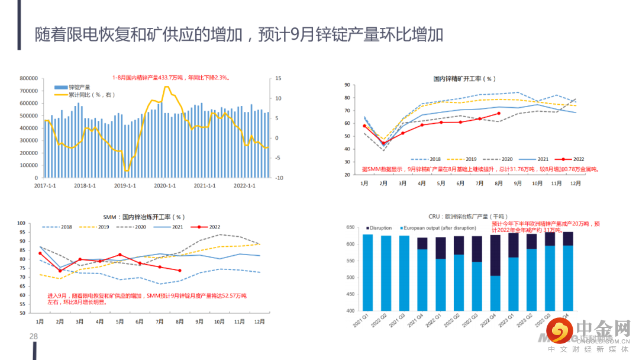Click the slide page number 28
pos(34,337)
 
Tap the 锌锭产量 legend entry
pos(75,87)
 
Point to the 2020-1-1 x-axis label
pos(165,185)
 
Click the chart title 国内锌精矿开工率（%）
pos(464,78)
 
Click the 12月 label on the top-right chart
pos(575,184)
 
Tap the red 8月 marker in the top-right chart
pos(499,113)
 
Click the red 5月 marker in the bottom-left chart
pos(120,255)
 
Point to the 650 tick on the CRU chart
pos(350,227)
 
